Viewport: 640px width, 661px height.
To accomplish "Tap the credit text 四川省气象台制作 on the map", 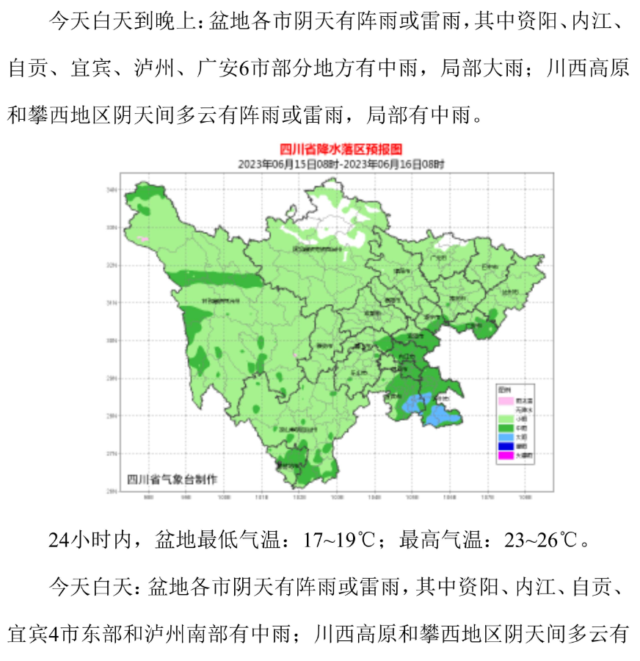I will point(173,479).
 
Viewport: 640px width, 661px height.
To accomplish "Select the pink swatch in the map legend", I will point(504,400).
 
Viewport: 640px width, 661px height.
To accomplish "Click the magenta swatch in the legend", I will point(504,455).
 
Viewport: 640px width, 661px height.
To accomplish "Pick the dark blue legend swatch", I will point(504,444).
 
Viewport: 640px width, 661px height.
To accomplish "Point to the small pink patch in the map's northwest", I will point(145,239).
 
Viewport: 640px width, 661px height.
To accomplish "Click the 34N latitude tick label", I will point(112,189).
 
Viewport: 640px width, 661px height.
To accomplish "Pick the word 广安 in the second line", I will point(216,69).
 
